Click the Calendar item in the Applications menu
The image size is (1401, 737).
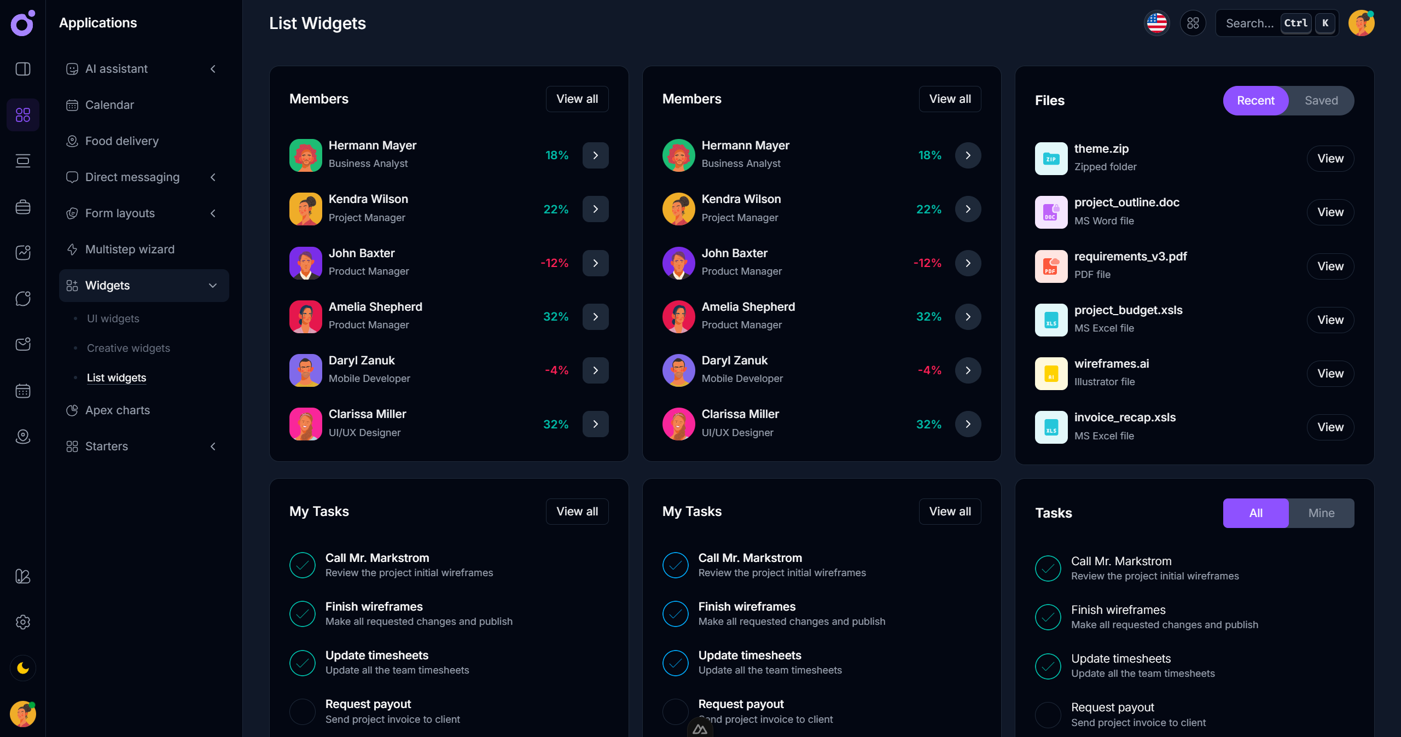[109, 105]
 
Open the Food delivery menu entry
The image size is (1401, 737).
[121, 141]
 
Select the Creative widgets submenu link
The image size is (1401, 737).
[128, 348]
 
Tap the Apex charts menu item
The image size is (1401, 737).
[117, 410]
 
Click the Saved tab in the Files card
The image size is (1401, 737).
[1321, 101]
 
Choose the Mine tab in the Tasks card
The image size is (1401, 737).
[1321, 513]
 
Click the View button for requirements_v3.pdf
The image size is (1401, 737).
[1330, 266]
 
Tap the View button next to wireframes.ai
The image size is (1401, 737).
[1330, 374]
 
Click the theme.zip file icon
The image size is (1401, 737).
[1050, 159]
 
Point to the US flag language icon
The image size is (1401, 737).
[1156, 23]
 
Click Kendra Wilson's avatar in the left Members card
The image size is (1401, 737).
[305, 209]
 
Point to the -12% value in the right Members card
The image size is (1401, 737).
[927, 263]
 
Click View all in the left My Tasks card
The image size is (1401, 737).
[577, 512]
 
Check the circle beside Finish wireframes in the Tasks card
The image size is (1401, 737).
[1048, 617]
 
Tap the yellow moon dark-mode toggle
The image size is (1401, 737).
[23, 668]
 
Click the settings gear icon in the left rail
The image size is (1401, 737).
[23, 622]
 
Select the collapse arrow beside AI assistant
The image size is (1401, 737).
[213, 69]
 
